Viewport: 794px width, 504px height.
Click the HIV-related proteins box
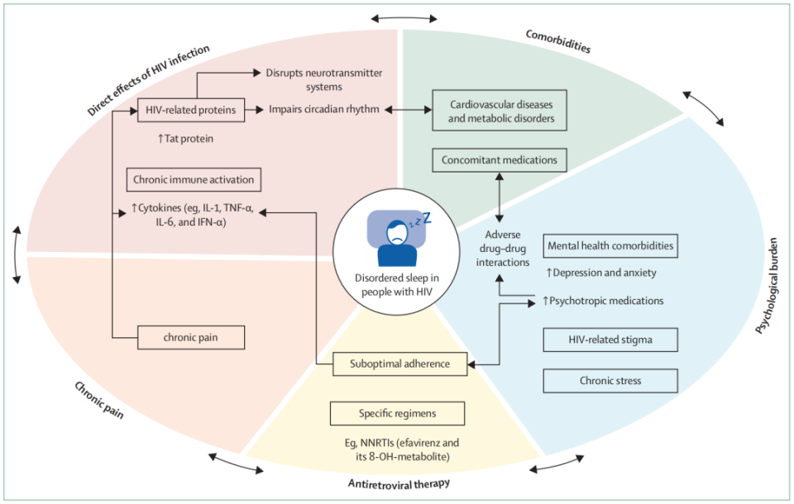(189, 109)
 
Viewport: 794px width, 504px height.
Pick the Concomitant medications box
(500, 160)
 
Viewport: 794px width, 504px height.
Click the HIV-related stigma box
(610, 340)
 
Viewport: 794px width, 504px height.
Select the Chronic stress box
(610, 381)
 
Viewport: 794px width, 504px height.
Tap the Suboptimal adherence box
(399, 363)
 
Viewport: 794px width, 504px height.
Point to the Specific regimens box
(397, 413)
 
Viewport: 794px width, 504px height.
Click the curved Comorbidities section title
(558, 41)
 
